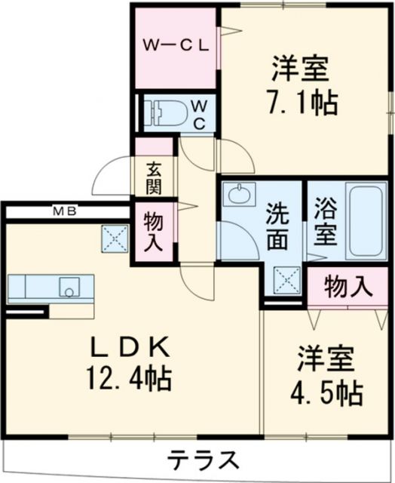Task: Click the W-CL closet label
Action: click(176, 46)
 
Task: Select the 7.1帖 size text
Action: click(303, 103)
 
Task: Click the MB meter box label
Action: click(65, 211)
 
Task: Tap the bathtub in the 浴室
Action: click(366, 221)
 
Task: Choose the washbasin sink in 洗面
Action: click(239, 194)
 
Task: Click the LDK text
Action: click(130, 347)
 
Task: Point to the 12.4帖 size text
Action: click(129, 378)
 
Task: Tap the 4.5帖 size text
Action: click(326, 392)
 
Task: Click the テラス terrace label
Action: click(203, 459)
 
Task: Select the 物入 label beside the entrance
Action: click(153, 231)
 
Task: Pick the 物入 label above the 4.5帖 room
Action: click(348, 287)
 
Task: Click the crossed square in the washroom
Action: click(287, 280)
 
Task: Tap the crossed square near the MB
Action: click(115, 238)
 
